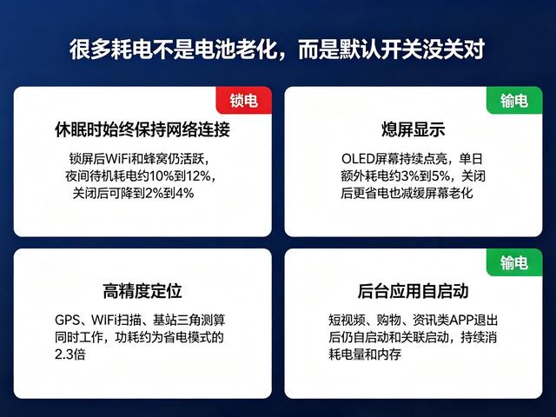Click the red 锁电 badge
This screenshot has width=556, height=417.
(244, 101)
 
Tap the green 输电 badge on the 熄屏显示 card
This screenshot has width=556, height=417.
(514, 101)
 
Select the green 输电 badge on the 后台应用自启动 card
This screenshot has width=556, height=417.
(514, 262)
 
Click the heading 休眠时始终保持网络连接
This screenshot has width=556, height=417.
(142, 129)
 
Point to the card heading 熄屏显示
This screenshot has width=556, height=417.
(414, 129)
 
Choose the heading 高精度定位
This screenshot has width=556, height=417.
(142, 291)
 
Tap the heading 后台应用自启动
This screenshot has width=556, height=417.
(414, 291)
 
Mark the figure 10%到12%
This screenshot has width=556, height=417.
(180, 176)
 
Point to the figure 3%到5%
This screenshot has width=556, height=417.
(427, 176)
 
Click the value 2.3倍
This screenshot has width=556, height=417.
(70, 354)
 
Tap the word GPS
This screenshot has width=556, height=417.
(68, 321)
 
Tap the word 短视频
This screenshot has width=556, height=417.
(347, 321)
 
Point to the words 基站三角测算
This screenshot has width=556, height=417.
(189, 321)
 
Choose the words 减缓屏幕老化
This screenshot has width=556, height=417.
(437, 193)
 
